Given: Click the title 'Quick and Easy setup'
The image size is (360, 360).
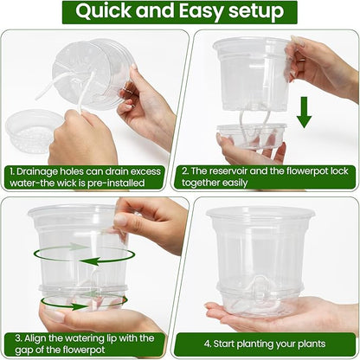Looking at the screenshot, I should pyautogui.click(x=179, y=12).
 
